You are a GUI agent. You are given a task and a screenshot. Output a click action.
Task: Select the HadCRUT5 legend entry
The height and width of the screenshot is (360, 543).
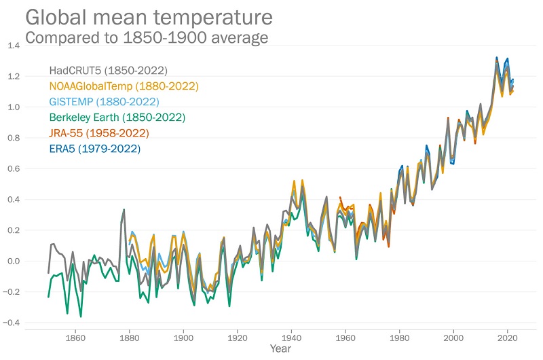pos(109,70)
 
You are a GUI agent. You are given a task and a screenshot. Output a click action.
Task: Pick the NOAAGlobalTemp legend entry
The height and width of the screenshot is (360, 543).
pos(124,86)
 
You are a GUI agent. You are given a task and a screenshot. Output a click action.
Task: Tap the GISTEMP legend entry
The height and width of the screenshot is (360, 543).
pos(104,102)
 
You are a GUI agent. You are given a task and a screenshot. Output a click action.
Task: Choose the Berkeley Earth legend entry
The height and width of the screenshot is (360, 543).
pos(117,118)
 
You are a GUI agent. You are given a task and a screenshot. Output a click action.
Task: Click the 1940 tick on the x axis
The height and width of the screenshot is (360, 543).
pos(291,338)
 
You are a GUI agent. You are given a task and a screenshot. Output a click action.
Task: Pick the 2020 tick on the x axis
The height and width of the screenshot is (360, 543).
pos(508,338)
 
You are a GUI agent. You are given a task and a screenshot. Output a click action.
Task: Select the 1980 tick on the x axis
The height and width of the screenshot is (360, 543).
pos(400,338)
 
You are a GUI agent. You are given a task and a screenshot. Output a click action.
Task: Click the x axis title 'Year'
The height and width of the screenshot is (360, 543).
pos(280,349)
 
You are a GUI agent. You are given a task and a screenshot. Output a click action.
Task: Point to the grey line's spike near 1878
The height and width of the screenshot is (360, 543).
pos(124,210)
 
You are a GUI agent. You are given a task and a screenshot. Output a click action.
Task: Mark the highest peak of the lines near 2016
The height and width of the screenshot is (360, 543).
pos(497,58)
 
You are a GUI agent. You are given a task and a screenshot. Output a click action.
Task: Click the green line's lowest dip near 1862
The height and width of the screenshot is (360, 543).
pos(81,317)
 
